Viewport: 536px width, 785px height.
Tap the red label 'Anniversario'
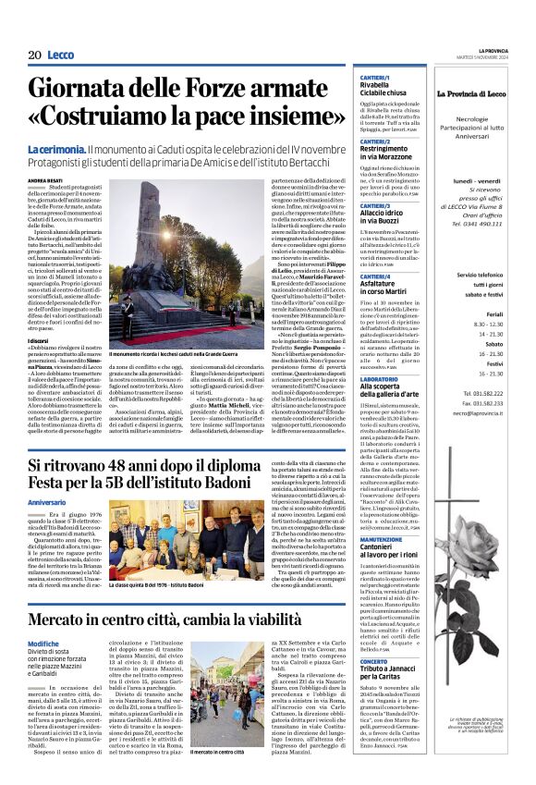click(46, 502)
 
